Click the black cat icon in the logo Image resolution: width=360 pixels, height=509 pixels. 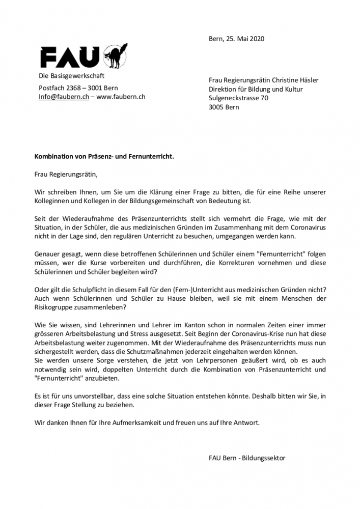point(115,55)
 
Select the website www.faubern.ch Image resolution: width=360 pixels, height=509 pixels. point(121,97)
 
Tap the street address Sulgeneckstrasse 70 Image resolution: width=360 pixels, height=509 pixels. point(239,98)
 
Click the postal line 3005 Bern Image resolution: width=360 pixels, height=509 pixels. point(224,107)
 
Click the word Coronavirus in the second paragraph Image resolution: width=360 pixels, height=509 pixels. point(305,225)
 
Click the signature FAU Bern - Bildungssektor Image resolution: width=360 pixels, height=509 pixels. point(247,458)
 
